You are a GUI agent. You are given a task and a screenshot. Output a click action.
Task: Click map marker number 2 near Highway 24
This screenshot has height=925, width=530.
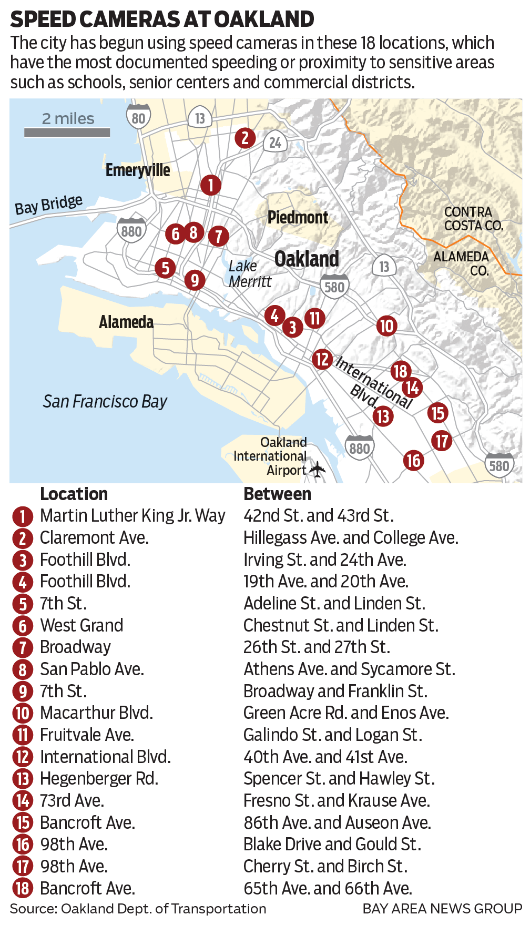[x=245, y=138]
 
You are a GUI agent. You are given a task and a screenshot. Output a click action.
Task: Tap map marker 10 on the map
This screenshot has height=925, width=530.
[x=386, y=326]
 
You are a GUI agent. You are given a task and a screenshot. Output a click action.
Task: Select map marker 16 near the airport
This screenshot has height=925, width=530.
[x=414, y=461]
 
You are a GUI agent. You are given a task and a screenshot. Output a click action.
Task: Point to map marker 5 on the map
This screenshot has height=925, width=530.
[x=165, y=268]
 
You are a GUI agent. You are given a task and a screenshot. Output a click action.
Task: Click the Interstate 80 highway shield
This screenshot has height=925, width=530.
[x=138, y=117]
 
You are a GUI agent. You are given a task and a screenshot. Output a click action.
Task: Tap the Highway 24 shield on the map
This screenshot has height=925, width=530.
[x=276, y=142]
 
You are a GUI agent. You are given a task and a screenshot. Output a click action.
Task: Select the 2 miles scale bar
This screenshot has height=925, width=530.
[x=67, y=133]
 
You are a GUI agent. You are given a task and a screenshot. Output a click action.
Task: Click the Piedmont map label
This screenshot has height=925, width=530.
[x=298, y=217]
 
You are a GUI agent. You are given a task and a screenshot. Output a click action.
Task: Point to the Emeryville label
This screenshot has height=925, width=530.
[x=138, y=170]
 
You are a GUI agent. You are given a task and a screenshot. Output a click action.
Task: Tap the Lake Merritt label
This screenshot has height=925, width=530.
[x=250, y=273]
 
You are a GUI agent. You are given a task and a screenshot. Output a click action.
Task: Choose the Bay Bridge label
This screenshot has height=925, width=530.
[x=48, y=205]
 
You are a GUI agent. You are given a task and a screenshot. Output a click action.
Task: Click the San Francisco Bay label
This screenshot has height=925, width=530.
[x=105, y=402]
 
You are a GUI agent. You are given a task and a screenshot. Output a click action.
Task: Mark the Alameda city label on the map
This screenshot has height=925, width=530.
[x=126, y=322]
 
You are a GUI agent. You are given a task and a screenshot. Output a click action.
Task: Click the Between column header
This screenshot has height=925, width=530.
[x=277, y=494]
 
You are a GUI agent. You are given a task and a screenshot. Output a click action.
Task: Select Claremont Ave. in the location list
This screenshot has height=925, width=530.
[x=94, y=537]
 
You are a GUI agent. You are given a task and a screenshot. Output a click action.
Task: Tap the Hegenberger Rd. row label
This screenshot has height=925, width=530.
[x=99, y=778]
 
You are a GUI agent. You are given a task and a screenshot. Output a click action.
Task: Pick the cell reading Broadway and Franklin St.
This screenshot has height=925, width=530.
[x=335, y=691]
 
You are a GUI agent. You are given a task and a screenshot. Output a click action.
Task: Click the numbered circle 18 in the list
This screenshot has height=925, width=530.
[x=23, y=889]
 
